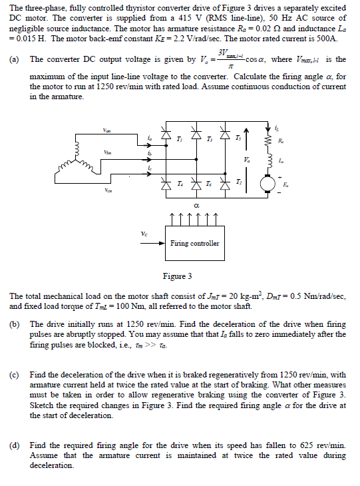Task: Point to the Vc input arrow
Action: tap(152, 244)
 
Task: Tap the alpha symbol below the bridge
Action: tap(197, 207)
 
